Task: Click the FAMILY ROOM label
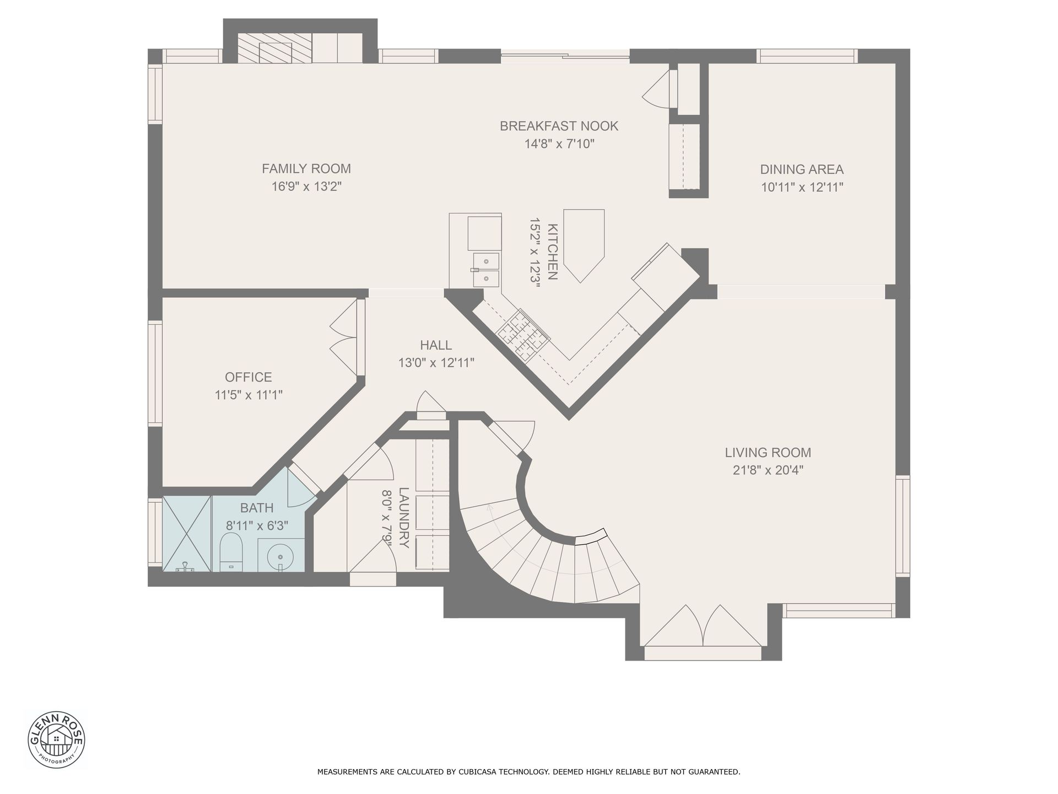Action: (x=306, y=169)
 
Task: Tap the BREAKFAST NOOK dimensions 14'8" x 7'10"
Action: (x=559, y=144)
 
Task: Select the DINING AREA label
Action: (x=802, y=169)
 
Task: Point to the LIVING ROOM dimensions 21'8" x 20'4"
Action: (x=768, y=470)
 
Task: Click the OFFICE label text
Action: (x=249, y=377)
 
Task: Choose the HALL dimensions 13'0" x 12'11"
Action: (x=436, y=363)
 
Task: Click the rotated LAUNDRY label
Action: (x=404, y=518)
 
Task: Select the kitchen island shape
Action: (x=584, y=245)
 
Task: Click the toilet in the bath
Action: (x=231, y=552)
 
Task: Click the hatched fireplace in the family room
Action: (x=274, y=48)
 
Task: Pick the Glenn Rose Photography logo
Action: (x=56, y=739)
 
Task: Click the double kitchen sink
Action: (x=485, y=270)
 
